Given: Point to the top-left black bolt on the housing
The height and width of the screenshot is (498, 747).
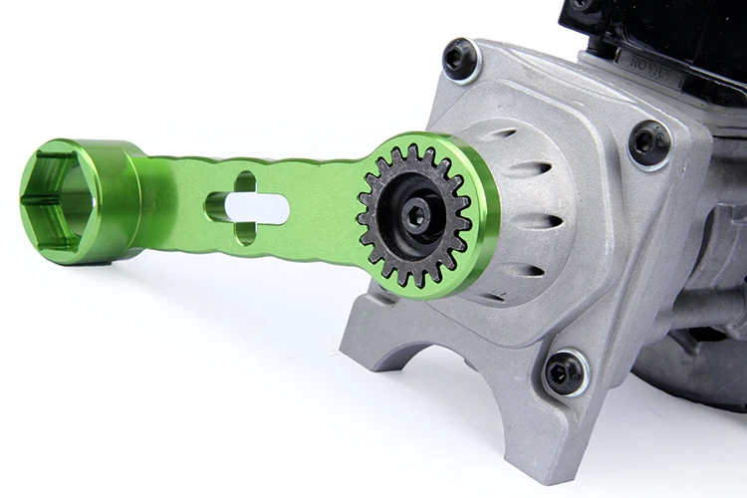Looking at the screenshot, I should point(460,59).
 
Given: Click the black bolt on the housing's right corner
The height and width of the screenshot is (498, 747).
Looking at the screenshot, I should point(650,142).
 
